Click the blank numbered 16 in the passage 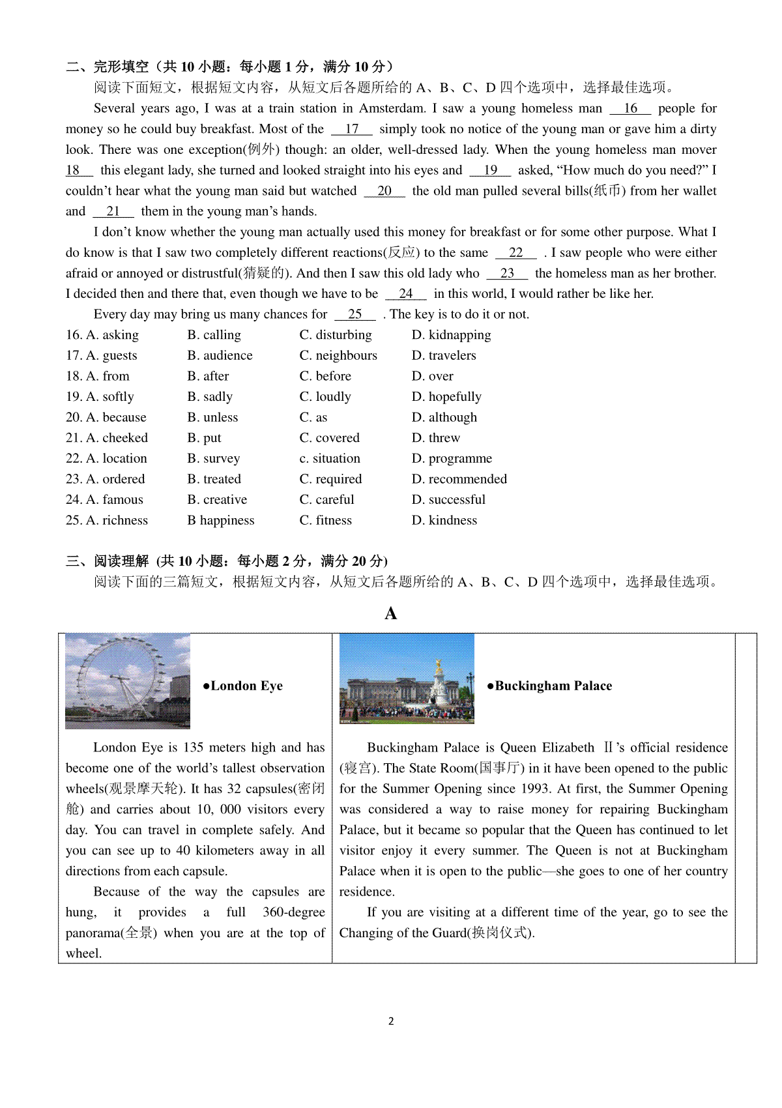(630, 108)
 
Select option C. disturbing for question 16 (336, 335)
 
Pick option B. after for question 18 (208, 376)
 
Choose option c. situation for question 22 (330, 459)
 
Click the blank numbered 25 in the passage (355, 314)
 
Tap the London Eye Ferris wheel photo (128, 680)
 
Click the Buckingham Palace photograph (407, 678)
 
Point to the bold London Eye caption (243, 686)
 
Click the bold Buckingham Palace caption (550, 686)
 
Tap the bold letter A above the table (391, 613)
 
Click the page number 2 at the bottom (391, 1021)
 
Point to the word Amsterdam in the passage (393, 108)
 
